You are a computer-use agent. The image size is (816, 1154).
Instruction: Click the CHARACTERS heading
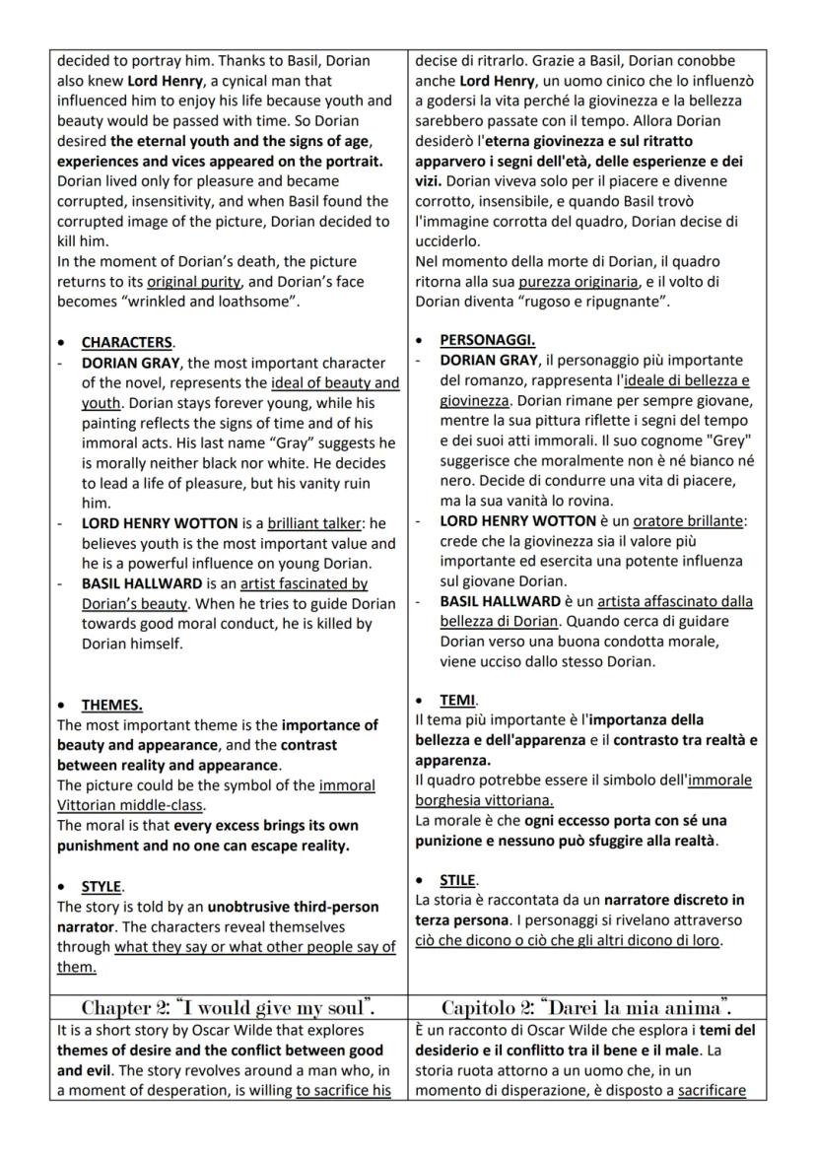[126, 343]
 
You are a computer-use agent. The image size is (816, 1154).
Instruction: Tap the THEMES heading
[111, 705]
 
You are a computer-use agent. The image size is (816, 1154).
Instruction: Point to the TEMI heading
[457, 700]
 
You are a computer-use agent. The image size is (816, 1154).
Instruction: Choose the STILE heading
[458, 879]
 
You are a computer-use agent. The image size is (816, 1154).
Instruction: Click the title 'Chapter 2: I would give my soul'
[229, 1007]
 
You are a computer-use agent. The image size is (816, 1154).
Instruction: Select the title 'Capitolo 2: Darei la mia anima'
[586, 1007]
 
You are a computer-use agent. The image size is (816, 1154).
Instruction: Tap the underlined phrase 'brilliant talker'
[313, 523]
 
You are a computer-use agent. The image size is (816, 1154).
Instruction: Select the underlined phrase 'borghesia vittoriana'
[483, 800]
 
